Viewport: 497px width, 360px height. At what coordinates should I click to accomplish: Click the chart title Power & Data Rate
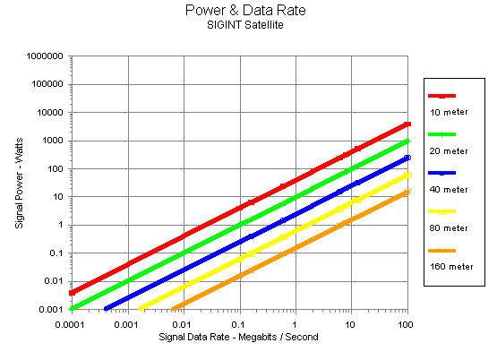coord(245,10)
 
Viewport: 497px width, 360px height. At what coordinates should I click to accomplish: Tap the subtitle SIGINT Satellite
coord(245,25)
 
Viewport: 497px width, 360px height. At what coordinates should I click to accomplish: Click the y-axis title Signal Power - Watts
coord(19,183)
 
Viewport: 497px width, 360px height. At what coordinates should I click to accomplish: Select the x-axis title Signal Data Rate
coord(194,337)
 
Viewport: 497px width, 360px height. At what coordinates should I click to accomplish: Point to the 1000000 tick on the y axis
coord(45,56)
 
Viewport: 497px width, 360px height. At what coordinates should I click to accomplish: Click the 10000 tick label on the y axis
coord(50,113)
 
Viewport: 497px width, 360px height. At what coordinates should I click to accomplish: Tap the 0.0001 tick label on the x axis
coord(70,325)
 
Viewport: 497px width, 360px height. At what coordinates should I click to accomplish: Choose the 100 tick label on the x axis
coord(406,325)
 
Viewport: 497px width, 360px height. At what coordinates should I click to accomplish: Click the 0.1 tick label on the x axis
coord(238,325)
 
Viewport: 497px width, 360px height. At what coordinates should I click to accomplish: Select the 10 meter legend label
coord(449,112)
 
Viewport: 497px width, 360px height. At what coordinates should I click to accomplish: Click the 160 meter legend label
coord(451,267)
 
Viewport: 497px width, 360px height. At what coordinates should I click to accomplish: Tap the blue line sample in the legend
coord(441,173)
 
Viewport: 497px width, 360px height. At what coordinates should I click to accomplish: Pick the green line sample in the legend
coord(441,134)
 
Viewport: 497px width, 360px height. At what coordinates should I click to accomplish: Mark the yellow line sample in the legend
coord(441,211)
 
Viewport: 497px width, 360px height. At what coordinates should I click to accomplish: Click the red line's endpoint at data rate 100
coord(407,124)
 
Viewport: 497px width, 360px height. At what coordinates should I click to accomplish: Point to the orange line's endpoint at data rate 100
coord(407,192)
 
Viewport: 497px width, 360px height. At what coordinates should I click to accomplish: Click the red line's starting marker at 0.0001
coord(73,293)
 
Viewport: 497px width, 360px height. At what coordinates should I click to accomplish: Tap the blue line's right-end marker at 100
coord(407,158)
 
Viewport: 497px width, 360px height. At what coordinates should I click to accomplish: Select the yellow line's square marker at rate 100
coord(408,175)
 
